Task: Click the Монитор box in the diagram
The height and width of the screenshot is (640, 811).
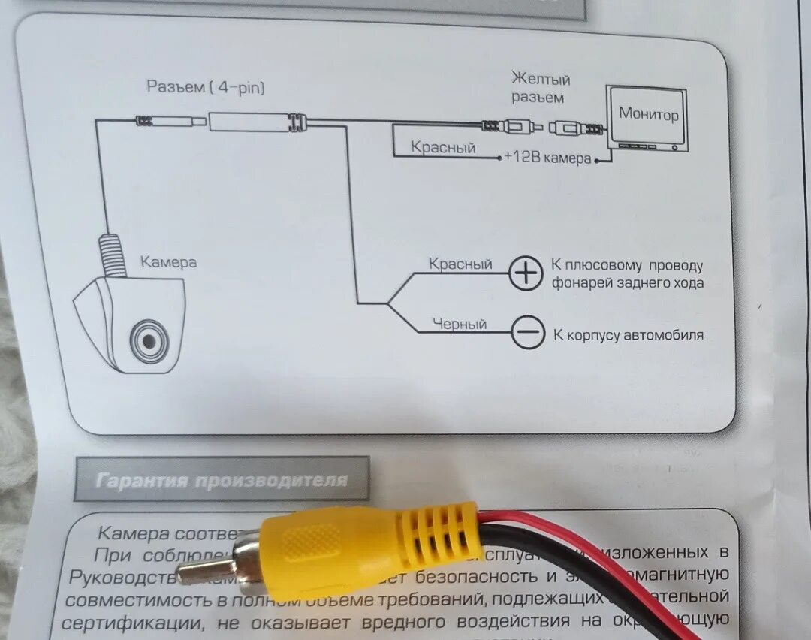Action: click(648, 116)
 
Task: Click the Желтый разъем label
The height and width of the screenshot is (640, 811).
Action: click(541, 88)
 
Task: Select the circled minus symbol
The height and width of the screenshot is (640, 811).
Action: click(528, 332)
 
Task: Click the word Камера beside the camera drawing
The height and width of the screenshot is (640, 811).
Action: click(168, 262)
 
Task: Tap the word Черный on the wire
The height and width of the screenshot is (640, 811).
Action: click(459, 324)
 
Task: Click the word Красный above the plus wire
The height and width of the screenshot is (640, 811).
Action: click(460, 264)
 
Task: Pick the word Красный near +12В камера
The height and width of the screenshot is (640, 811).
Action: click(443, 148)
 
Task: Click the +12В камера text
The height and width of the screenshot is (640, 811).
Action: click(547, 159)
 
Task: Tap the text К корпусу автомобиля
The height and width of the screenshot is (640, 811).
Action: click(628, 335)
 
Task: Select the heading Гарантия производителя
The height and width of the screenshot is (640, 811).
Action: click(222, 479)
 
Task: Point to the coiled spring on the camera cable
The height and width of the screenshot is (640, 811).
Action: click(110, 255)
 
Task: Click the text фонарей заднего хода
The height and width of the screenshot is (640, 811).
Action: click(628, 283)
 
